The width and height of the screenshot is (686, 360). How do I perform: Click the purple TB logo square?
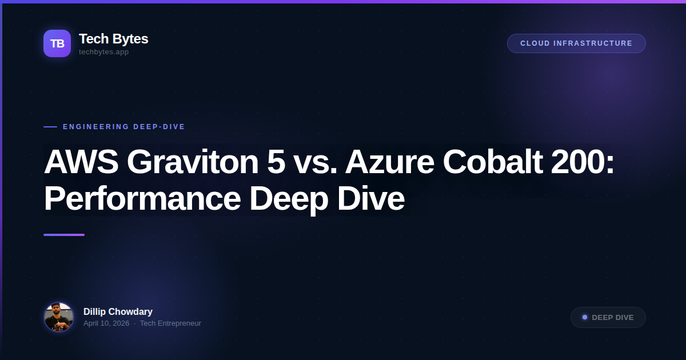click(57, 43)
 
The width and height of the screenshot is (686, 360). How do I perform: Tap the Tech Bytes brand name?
click(113, 39)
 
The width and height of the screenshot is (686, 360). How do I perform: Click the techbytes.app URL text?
click(103, 52)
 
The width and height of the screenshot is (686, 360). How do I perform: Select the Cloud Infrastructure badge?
click(576, 43)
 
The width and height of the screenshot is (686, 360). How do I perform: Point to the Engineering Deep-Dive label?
click(124, 127)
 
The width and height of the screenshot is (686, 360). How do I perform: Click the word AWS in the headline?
click(81, 162)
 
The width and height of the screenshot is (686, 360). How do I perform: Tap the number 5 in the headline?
click(276, 162)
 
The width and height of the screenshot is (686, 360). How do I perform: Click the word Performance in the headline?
click(142, 199)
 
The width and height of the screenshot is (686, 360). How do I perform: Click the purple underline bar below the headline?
click(64, 235)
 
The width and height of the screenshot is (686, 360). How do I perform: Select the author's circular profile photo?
click(59, 317)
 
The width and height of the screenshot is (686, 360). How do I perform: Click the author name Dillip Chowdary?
click(118, 311)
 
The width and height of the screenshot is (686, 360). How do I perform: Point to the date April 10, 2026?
click(106, 323)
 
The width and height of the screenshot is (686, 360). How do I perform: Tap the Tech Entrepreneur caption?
click(170, 323)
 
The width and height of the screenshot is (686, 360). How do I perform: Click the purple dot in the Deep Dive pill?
click(585, 317)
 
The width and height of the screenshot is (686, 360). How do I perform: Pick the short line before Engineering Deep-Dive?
click(50, 127)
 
